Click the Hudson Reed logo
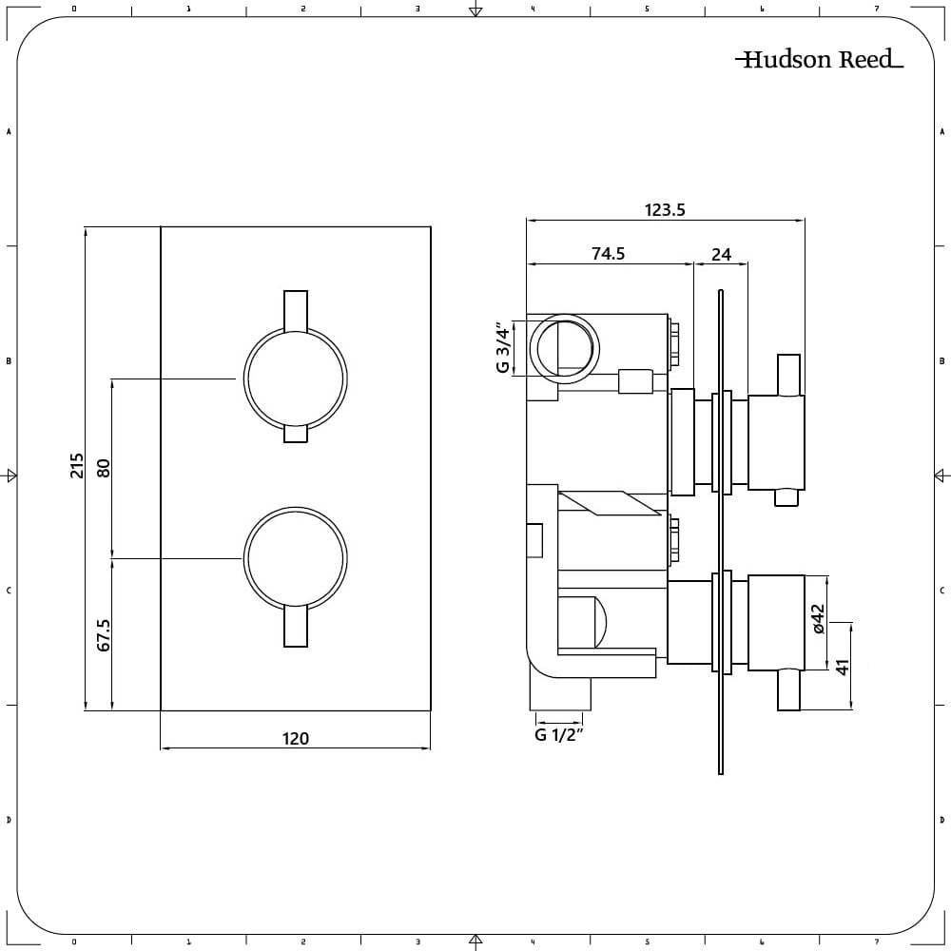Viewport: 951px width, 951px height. (x=819, y=60)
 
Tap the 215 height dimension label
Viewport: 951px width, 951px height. (x=78, y=466)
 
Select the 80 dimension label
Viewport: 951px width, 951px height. (x=105, y=468)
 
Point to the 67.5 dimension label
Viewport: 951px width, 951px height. (x=105, y=634)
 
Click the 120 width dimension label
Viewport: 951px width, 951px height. (x=296, y=738)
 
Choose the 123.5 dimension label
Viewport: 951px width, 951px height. (x=665, y=210)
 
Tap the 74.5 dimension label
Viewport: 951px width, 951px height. (x=608, y=254)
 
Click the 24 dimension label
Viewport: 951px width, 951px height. (x=722, y=254)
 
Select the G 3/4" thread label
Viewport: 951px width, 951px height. (x=505, y=349)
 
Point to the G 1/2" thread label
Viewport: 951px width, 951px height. (x=558, y=734)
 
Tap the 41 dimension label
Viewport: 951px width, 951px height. (x=842, y=666)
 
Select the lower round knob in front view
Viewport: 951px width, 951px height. (x=295, y=558)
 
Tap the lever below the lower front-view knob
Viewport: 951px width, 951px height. (x=296, y=628)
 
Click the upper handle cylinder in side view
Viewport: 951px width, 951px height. (x=777, y=442)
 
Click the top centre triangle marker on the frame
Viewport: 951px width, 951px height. (x=475, y=11)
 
